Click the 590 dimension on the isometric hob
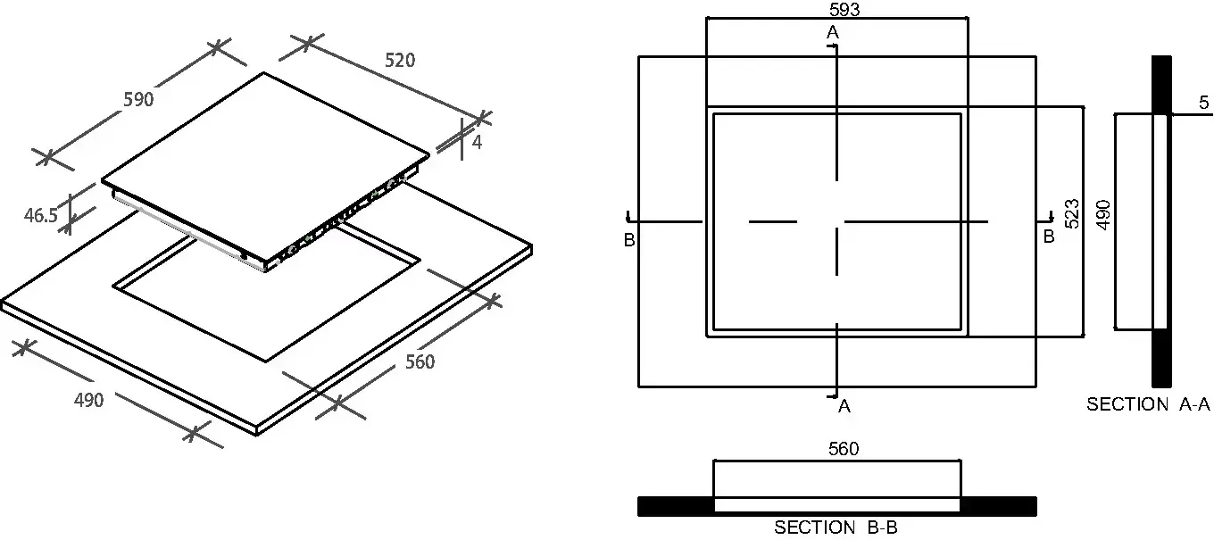point(138,99)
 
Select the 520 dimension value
point(400,60)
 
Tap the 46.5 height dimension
point(41,215)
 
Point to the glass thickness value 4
point(477,142)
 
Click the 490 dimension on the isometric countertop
point(88,400)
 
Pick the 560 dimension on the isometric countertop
point(420,361)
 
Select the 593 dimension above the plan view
point(844,9)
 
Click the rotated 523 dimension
point(1072,214)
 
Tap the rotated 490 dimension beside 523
point(1103,215)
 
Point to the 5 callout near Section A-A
point(1203,103)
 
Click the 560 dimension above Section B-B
point(844,449)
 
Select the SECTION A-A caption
point(1149,404)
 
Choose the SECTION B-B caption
point(836,527)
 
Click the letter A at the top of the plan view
point(833,32)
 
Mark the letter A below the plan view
point(844,406)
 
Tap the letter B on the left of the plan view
point(629,240)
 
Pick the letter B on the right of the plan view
point(1049,237)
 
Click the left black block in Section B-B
point(675,506)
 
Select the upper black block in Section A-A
point(1161,85)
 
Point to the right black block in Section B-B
point(998,506)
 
